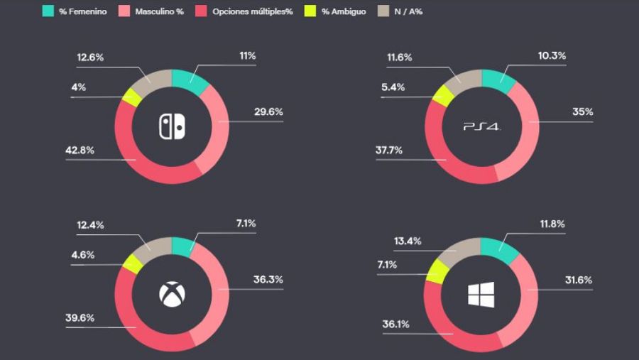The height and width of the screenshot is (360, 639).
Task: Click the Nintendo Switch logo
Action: tap(171, 126)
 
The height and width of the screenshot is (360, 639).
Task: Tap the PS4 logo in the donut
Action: tap(482, 126)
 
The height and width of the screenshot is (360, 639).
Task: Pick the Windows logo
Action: tap(481, 294)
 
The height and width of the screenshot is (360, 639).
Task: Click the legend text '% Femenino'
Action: tap(82, 12)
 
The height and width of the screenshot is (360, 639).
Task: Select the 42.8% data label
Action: tap(80, 150)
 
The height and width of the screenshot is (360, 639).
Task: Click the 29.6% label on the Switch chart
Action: tap(268, 111)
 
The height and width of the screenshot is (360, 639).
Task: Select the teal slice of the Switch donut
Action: tap(189, 80)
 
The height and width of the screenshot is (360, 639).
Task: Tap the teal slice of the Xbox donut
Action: tap(182, 246)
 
